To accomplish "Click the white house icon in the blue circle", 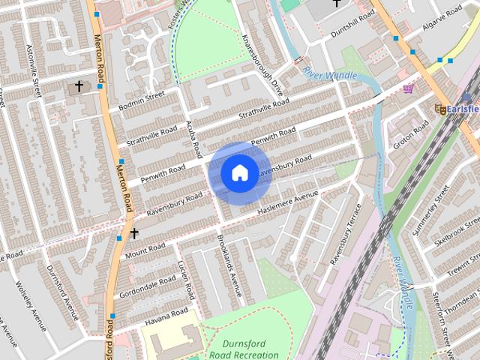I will [x=238, y=173].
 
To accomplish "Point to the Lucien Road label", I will [x=186, y=278].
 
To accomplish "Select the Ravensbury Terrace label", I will [x=346, y=233].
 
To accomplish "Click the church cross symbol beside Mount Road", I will [x=133, y=234].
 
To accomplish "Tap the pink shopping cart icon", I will [x=408, y=89].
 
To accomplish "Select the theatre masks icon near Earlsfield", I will [x=440, y=109].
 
